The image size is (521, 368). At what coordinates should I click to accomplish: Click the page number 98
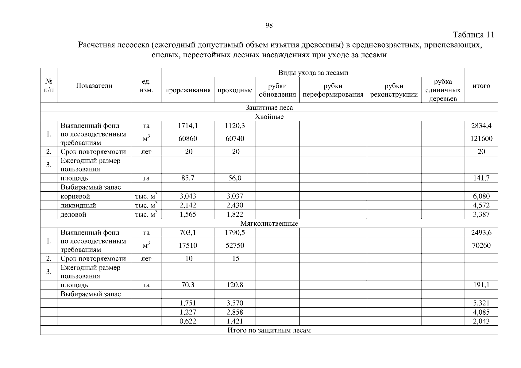coord(269,25)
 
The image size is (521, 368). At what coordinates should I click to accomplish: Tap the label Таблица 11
coord(473,35)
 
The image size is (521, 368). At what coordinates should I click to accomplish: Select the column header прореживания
coord(188,90)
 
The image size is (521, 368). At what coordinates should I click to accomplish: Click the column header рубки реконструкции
coord(394,90)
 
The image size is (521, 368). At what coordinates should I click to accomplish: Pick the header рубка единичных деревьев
coord(443,90)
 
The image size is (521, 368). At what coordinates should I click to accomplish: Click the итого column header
coord(481,86)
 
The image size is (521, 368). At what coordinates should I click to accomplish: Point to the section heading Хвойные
coord(269,117)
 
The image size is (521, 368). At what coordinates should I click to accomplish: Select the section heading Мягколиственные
coord(269,224)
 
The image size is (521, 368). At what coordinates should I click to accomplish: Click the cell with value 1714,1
coord(188,126)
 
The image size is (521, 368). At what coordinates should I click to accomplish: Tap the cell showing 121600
coord(481,139)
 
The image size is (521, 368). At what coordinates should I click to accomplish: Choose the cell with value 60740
coord(235,139)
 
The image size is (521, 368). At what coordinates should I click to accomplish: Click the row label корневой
coord(75,196)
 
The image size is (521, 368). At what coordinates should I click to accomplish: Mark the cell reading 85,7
coord(188,178)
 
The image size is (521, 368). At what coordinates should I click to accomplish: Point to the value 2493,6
coord(481,233)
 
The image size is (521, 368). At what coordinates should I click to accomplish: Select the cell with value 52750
coord(235,245)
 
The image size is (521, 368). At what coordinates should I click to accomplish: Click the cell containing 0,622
coord(188,321)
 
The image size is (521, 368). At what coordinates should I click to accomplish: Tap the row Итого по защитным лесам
coord(269,330)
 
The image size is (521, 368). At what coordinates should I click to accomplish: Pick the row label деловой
coord(73,215)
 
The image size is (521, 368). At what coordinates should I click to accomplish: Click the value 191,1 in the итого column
coord(481,285)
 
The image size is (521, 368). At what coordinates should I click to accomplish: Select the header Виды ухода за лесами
coord(313,73)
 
